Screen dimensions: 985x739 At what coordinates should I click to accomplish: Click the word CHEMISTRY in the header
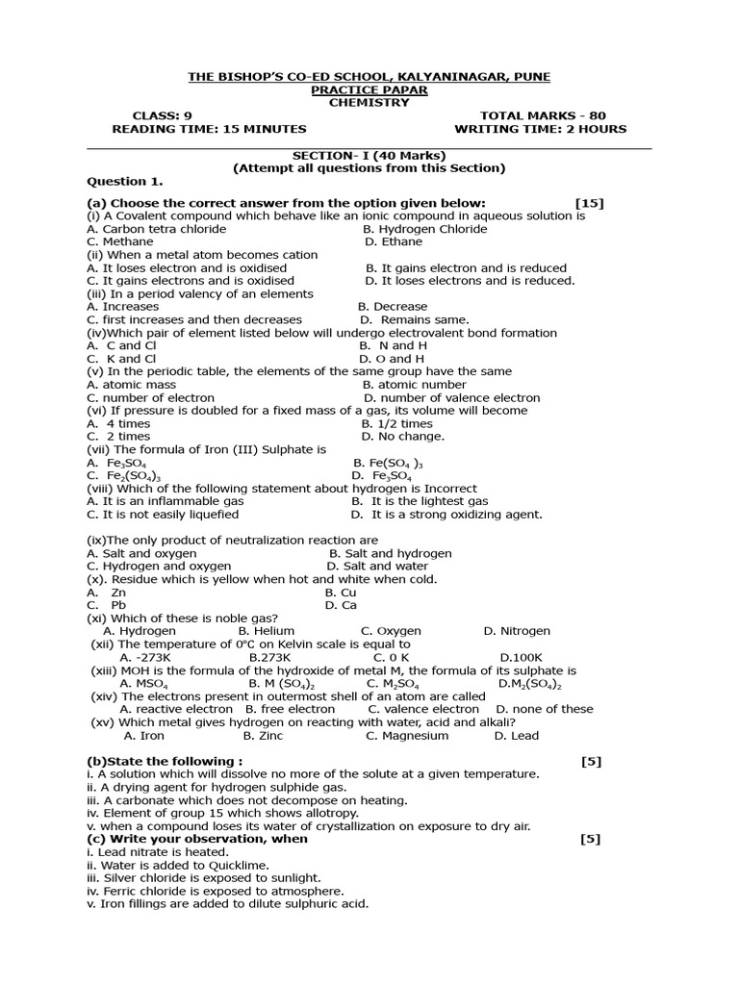(369, 103)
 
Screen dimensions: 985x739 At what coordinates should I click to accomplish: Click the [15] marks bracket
(589, 203)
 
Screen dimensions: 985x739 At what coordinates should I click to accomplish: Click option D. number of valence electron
(451, 397)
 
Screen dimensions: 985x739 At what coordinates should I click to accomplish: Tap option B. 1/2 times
(397, 423)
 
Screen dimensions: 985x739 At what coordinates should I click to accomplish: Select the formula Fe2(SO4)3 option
(111, 475)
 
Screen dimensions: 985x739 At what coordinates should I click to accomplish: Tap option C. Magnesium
(407, 736)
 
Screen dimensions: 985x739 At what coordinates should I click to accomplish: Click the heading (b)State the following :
(165, 762)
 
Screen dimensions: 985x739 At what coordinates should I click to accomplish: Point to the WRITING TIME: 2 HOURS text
(540, 129)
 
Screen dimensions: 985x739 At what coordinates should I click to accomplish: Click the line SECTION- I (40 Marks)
(369, 155)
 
